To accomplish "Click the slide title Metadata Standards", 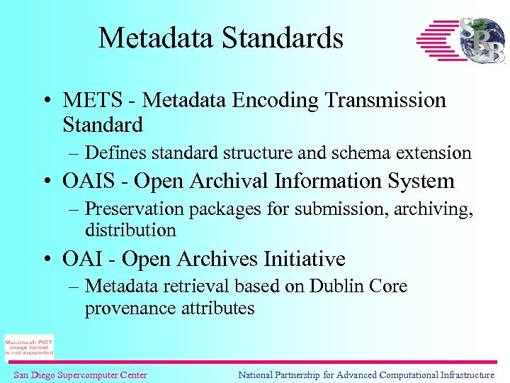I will pyautogui.click(x=220, y=38).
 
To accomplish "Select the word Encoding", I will pyautogui.click(x=275, y=101).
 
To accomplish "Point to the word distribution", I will pyautogui.click(x=130, y=230).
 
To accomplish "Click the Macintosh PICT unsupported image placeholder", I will pyautogui.click(x=29, y=347).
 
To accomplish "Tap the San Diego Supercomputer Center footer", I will pyautogui.click(x=80, y=375).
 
